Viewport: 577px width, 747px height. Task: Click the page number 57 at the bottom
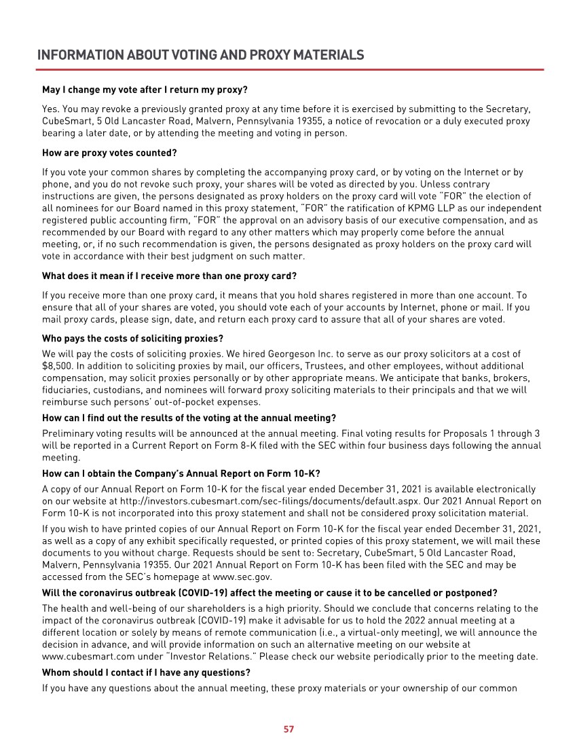[x=288, y=729]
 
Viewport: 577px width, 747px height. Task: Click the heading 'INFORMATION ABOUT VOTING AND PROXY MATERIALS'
[x=200, y=55]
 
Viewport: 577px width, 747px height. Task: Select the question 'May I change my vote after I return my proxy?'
[x=145, y=89]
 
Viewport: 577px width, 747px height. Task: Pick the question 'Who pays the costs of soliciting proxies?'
[x=132, y=338]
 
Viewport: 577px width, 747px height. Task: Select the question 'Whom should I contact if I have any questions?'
[x=146, y=672]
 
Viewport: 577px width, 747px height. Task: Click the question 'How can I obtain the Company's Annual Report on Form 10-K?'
[x=181, y=473]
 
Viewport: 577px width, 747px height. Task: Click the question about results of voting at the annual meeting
[x=189, y=418]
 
